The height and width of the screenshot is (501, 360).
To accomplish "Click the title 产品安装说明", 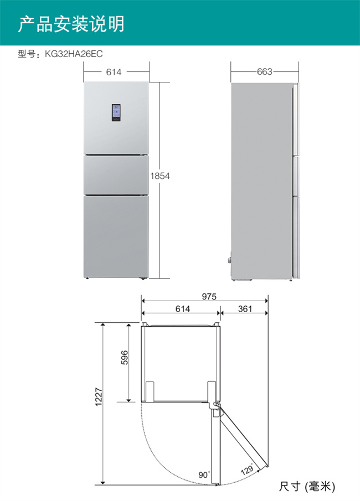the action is (x=71, y=24).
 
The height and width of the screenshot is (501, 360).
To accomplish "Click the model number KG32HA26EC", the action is (x=74, y=54).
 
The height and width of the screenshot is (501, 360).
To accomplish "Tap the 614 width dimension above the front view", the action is (x=114, y=72).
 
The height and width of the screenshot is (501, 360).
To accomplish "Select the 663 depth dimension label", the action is (x=264, y=71).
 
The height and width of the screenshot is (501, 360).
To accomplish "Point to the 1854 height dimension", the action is (x=160, y=175).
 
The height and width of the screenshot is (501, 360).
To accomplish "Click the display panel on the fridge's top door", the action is (x=116, y=113).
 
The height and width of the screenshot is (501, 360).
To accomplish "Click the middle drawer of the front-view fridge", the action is (x=116, y=175).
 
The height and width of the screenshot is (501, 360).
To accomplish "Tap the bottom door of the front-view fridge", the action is (x=116, y=236).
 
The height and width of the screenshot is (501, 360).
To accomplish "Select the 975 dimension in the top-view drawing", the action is (x=209, y=297).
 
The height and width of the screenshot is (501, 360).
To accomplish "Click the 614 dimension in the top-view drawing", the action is (x=183, y=309).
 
